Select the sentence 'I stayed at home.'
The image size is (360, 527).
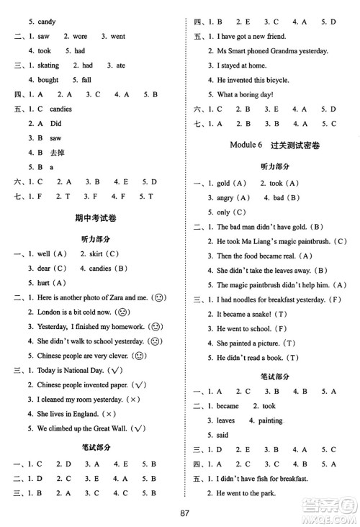[x=243, y=65]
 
